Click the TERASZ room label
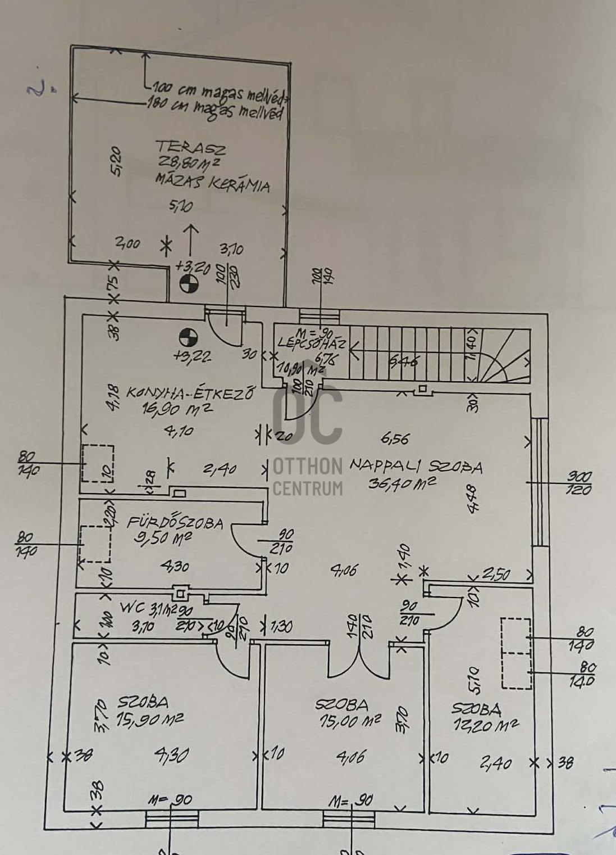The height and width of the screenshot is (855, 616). click(191, 147)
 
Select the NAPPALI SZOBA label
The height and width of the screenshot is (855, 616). click(416, 467)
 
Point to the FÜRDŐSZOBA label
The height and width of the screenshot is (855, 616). click(175, 522)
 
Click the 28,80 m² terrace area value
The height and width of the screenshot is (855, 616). click(188, 164)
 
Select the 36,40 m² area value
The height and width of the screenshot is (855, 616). click(402, 483)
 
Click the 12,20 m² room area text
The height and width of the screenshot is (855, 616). click(485, 725)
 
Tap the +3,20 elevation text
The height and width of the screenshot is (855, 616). click(192, 265)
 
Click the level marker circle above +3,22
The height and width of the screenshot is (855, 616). click(189, 338)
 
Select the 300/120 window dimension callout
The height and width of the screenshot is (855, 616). click(579, 483)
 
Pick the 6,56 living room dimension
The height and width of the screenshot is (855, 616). click(395, 438)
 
